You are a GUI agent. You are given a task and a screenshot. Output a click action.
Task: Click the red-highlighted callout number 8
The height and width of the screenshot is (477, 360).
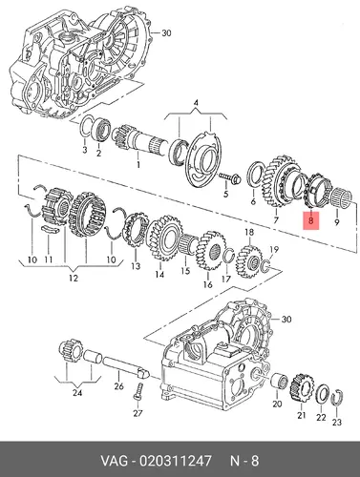311,219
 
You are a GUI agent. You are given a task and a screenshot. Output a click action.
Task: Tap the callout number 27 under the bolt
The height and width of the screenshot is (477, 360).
138,413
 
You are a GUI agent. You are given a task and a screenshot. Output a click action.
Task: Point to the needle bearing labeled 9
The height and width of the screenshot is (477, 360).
341,197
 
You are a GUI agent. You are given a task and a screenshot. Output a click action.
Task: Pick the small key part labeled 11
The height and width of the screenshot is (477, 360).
50,229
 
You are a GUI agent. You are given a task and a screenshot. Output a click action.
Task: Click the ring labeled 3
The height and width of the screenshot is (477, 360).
85,127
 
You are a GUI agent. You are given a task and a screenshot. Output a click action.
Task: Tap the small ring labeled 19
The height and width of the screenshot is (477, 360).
266,266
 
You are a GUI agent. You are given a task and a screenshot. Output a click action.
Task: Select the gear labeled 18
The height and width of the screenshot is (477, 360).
247,261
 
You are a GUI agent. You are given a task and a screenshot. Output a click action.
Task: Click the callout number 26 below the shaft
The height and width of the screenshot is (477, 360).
118,386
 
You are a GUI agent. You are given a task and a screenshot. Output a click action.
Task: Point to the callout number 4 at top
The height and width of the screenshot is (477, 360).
196,103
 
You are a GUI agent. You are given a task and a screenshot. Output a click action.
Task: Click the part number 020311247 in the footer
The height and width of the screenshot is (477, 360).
172,460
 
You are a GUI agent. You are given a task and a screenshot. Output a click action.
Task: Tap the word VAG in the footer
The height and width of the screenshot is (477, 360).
115,460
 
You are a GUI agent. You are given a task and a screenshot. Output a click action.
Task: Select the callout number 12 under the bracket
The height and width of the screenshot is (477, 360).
74,278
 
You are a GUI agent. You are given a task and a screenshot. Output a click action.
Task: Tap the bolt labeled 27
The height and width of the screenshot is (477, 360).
138,393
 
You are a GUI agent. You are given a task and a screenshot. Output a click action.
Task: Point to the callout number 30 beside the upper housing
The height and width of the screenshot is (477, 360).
166,32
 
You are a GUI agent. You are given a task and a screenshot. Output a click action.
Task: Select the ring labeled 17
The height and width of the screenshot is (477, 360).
228,256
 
